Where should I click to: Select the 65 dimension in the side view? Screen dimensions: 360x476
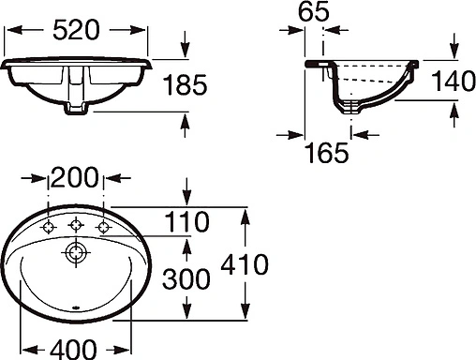click(x=315, y=13)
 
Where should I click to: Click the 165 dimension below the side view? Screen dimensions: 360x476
click(x=328, y=149)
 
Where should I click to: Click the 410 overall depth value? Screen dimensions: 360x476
click(x=245, y=264)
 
